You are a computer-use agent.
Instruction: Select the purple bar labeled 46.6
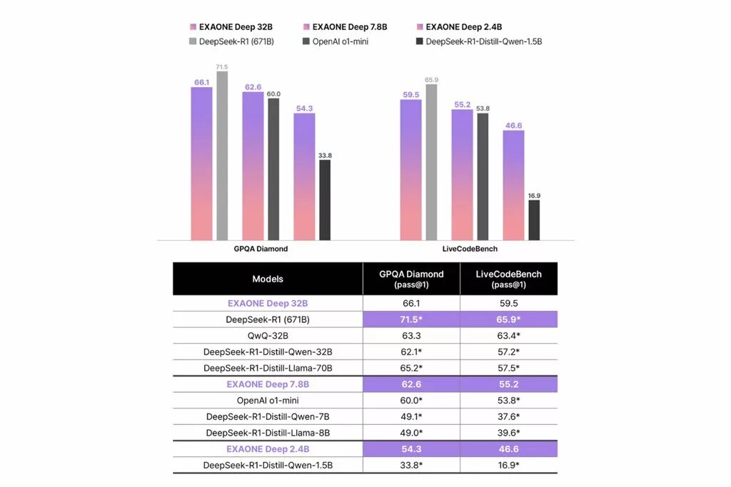[513, 185]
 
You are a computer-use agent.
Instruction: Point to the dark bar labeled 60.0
[273, 169]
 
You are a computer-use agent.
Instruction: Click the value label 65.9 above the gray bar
[431, 80]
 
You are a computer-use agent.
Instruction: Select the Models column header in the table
[268, 279]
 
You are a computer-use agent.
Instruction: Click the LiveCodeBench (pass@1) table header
[508, 279]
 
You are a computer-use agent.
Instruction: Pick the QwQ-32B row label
[268, 336]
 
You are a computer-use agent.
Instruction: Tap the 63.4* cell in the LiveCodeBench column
[508, 336]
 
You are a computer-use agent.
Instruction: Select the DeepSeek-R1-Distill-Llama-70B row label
[268, 368]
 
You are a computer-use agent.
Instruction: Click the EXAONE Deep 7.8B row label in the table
[268, 384]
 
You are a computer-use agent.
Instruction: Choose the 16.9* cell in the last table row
[508, 465]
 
